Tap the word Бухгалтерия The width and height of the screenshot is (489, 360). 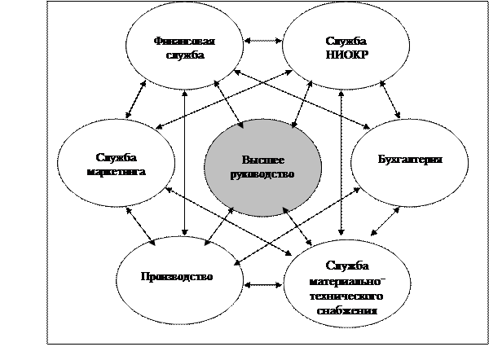[410, 159]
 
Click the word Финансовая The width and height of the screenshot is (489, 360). [189, 42]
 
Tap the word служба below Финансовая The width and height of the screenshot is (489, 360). [189, 55]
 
